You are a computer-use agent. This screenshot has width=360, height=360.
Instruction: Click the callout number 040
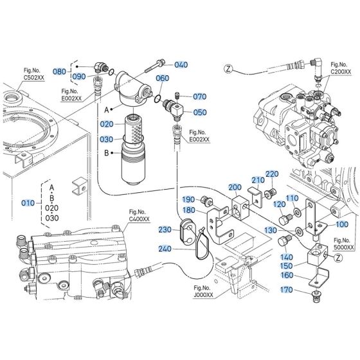(x=181, y=64)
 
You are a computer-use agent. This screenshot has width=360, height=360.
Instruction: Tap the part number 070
(x=199, y=97)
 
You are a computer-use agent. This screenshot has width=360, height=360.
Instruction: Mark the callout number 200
(x=235, y=187)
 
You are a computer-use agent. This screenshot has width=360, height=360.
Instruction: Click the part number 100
(x=341, y=224)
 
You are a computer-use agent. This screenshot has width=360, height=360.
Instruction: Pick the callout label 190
(x=188, y=199)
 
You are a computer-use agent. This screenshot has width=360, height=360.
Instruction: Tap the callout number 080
(x=59, y=72)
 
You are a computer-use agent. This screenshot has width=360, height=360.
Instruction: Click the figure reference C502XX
(x=34, y=77)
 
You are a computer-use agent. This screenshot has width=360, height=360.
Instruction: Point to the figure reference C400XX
(x=138, y=219)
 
